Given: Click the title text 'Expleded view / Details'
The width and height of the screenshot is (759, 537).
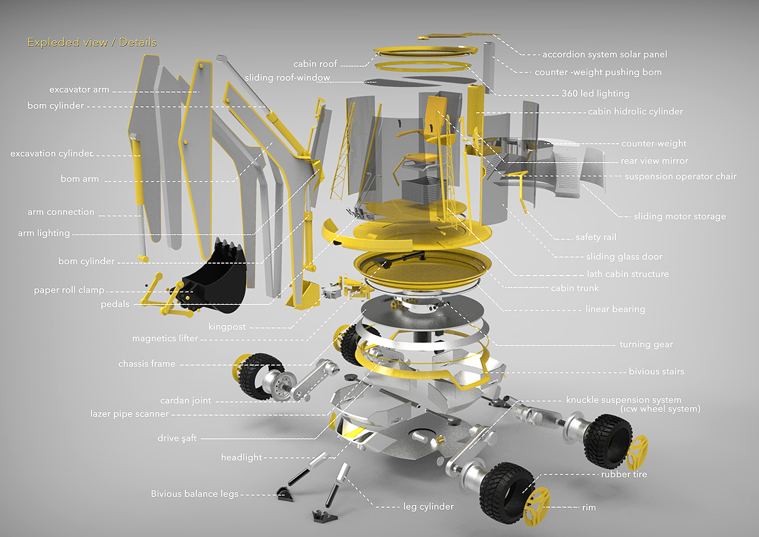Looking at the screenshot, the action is tap(92, 42).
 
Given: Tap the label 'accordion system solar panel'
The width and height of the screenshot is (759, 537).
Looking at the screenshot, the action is tap(605, 54).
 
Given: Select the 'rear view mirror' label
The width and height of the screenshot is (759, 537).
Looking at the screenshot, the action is tap(654, 161).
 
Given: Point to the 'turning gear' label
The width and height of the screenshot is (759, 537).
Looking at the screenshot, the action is tap(646, 344).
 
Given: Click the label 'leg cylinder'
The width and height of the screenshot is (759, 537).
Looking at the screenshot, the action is tap(428, 507).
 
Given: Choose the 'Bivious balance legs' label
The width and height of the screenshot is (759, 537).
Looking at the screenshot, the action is tap(195, 494).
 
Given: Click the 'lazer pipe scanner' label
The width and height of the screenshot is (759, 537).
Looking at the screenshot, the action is tap(130, 414).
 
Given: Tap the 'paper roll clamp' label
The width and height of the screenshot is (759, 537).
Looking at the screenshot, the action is tap(69, 290).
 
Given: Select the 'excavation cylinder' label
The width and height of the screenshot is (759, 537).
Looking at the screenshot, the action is tap(52, 154).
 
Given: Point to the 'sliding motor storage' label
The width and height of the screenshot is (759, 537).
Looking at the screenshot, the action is tap(680, 216).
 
